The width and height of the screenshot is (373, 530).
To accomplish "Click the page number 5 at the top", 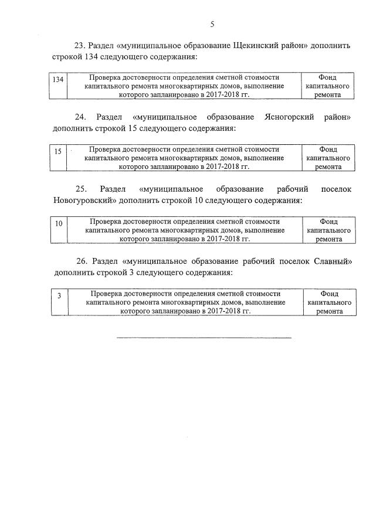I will tap(212, 24).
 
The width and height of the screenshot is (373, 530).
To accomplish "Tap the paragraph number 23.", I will tap(80, 46).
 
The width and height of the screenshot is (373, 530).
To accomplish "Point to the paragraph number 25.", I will tap(81, 189).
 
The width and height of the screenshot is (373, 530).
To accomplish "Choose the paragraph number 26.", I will tap(82, 261).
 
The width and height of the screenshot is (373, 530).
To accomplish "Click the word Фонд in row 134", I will tap(328, 77).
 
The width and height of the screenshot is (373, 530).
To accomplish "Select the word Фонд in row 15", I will tap(328, 150).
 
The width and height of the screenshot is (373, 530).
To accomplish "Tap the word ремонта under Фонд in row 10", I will tap(328, 239).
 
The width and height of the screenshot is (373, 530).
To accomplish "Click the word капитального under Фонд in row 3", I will tap(329, 303).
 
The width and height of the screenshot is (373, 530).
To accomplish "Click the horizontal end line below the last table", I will tap(204, 338).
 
